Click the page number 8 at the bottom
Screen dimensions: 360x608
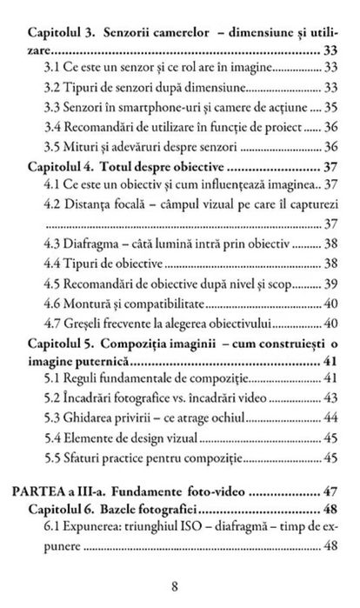point(180,586)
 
